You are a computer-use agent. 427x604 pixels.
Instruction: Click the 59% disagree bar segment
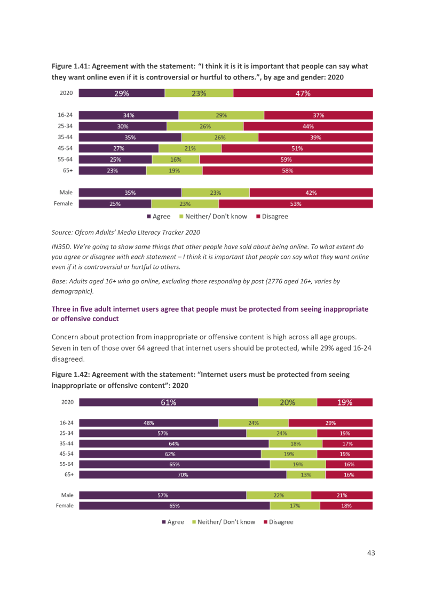[x=286, y=160]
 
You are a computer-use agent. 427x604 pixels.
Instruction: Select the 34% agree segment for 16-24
[x=129, y=115]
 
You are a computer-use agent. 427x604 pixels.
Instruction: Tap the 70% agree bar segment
[x=183, y=474]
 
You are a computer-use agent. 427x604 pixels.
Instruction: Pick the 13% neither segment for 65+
[x=306, y=474]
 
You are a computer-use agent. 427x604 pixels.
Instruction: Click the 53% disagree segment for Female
[x=296, y=204]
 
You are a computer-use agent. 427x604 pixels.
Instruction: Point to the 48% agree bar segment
[x=149, y=423]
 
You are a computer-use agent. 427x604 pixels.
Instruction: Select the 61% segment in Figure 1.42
[x=169, y=402]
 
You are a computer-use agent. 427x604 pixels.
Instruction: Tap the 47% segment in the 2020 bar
[x=303, y=93]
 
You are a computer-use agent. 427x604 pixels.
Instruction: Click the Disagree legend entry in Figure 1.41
[x=272, y=217]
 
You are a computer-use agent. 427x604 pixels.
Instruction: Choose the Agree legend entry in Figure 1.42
[x=173, y=522]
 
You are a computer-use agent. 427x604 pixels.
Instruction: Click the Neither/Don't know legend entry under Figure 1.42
[x=224, y=522]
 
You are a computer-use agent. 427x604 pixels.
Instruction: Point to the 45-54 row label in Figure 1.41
[x=65, y=148]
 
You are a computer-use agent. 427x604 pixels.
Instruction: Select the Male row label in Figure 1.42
[x=67, y=495]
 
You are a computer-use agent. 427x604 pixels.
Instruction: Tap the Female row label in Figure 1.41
[x=63, y=203]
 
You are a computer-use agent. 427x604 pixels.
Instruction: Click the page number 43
[x=371, y=553]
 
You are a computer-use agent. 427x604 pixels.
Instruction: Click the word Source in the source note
[x=62, y=232]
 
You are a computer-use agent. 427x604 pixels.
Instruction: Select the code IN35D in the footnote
[x=61, y=247]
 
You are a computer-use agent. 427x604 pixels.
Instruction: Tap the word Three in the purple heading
[x=61, y=309]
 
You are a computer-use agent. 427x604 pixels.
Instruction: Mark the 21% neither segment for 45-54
[x=190, y=148]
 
